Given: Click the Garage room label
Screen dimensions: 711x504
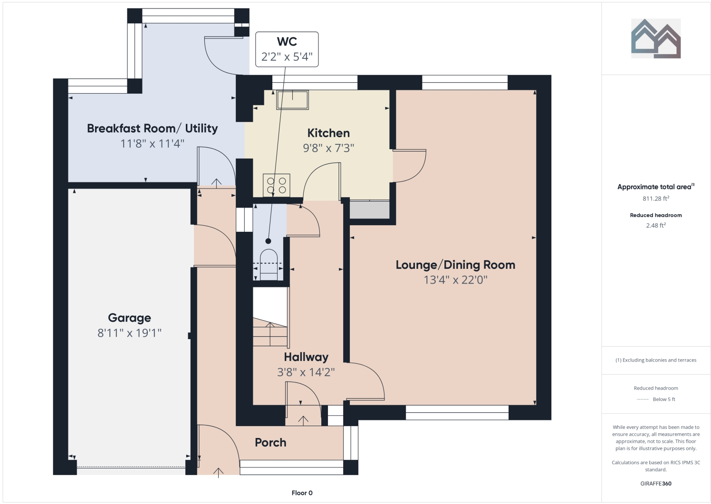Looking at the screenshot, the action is [129, 318].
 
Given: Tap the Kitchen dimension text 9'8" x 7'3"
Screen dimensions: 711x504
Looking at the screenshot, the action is [328, 148].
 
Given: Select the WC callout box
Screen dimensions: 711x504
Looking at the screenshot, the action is [287, 49].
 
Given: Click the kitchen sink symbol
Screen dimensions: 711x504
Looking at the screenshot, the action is [292, 100].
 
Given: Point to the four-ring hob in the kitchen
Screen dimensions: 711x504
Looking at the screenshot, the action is [277, 185].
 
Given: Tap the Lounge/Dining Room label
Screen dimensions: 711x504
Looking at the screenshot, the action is [455, 265].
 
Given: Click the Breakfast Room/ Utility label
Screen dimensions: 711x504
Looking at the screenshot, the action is [153, 128].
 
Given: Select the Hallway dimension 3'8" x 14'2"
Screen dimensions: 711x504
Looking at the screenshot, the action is [306, 372].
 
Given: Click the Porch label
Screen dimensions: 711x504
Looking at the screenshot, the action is [270, 442].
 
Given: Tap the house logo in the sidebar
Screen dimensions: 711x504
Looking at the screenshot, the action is [656, 38].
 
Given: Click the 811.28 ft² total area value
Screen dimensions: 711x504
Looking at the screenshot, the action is [656, 199].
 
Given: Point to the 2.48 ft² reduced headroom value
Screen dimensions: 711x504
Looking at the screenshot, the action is [656, 225].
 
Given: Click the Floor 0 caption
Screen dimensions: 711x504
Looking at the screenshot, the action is [302, 493].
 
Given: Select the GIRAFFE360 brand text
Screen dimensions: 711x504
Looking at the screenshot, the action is [656, 484].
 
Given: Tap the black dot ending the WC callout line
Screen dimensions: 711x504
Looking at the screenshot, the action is [268, 241].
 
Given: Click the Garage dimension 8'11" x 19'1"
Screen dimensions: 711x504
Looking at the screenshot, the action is [129, 333].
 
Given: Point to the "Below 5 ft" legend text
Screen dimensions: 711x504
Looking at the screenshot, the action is [664, 399].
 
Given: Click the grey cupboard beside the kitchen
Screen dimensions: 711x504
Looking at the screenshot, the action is [369, 209].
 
